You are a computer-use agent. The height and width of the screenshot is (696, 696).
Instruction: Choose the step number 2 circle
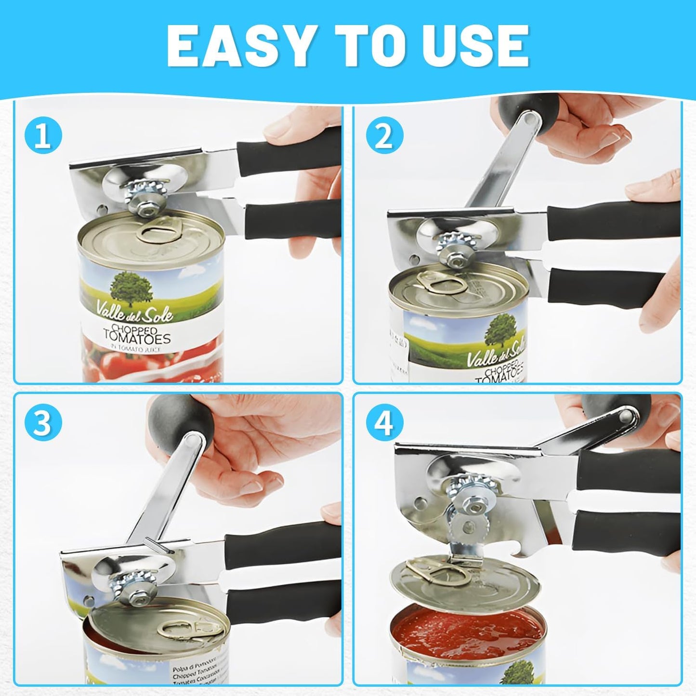[384, 136]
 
